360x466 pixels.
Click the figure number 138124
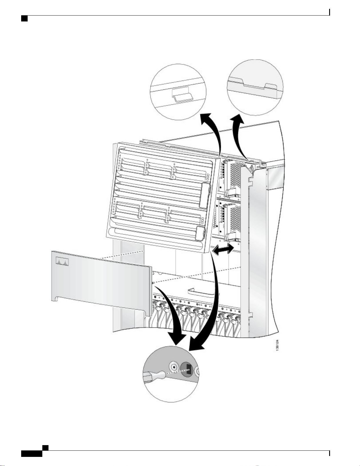[277, 351]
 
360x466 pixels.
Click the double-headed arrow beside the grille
[222, 249]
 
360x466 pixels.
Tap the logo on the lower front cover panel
[62, 261]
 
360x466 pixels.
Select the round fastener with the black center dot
[174, 367]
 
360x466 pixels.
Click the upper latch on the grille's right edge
[205, 195]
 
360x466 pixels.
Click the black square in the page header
[24, 19]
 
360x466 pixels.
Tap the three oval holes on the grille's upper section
[208, 177]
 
